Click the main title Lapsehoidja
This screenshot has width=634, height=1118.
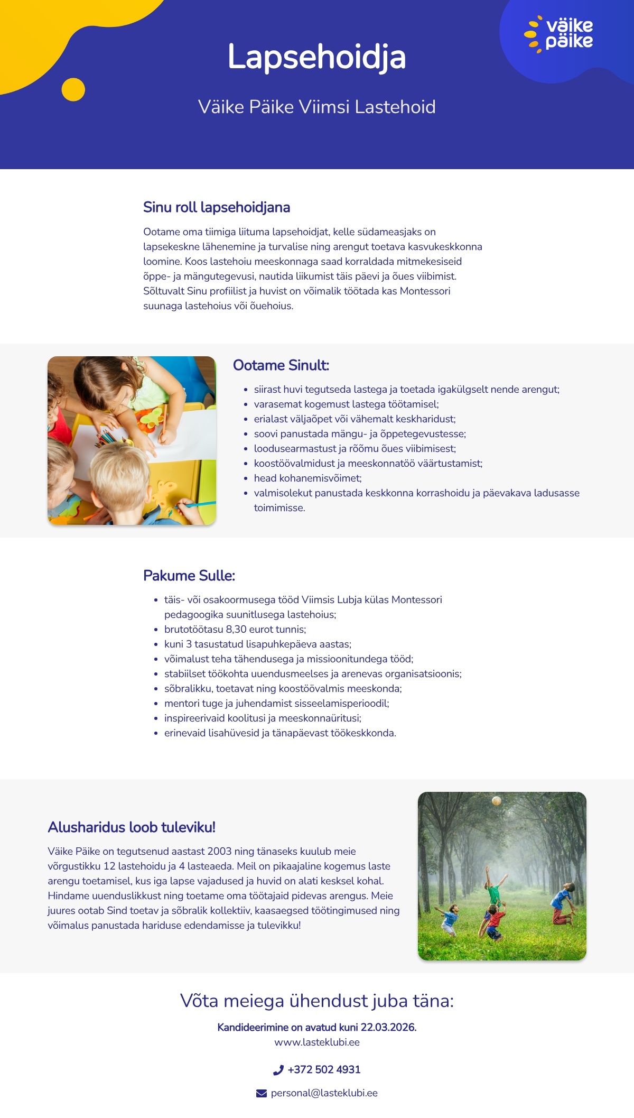(x=316, y=57)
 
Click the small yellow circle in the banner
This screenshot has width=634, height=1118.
(x=73, y=89)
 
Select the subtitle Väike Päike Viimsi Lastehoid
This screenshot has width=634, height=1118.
(x=316, y=107)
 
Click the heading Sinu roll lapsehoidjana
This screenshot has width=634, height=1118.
(x=217, y=207)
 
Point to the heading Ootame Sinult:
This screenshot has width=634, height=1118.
(x=281, y=365)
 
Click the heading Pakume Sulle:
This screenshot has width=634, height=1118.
(x=189, y=576)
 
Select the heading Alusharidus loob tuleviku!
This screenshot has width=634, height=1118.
(x=132, y=827)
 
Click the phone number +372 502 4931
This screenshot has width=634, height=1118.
(x=324, y=1069)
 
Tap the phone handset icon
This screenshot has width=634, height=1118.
(x=278, y=1070)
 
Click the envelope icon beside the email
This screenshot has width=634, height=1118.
(x=262, y=1093)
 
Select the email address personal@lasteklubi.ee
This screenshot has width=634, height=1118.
(x=324, y=1093)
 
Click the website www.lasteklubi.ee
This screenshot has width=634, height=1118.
(x=317, y=1042)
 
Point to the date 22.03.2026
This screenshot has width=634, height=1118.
(x=388, y=1027)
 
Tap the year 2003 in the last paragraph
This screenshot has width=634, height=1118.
(x=219, y=851)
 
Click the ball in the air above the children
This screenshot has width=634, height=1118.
(x=496, y=801)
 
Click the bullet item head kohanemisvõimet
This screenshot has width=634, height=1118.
(x=307, y=478)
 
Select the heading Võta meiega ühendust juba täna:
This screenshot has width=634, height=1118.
(x=317, y=1001)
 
